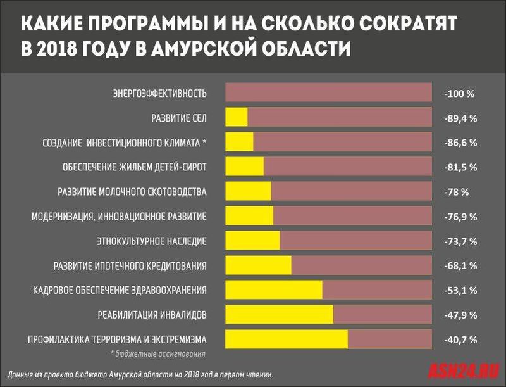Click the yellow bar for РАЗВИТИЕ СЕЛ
[x=237, y=117]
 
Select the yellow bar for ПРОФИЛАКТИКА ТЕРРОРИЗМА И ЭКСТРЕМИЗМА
[x=287, y=339]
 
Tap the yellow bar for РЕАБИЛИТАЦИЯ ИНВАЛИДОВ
[x=279, y=314]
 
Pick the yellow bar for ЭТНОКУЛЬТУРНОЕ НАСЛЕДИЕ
[x=252, y=241]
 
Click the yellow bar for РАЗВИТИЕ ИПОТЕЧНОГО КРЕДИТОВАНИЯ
[x=258, y=265]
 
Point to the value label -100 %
[x=459, y=94]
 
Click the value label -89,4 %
[x=460, y=118]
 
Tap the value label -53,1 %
[x=460, y=290]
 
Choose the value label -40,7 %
[x=460, y=339]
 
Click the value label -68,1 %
[x=460, y=265]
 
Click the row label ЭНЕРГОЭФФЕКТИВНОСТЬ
[x=159, y=94]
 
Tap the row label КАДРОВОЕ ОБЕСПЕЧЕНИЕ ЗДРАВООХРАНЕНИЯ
[x=120, y=290]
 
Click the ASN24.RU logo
[x=464, y=369]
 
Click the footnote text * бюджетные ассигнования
[x=158, y=353]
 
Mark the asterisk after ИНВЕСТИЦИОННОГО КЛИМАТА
[x=204, y=142]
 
